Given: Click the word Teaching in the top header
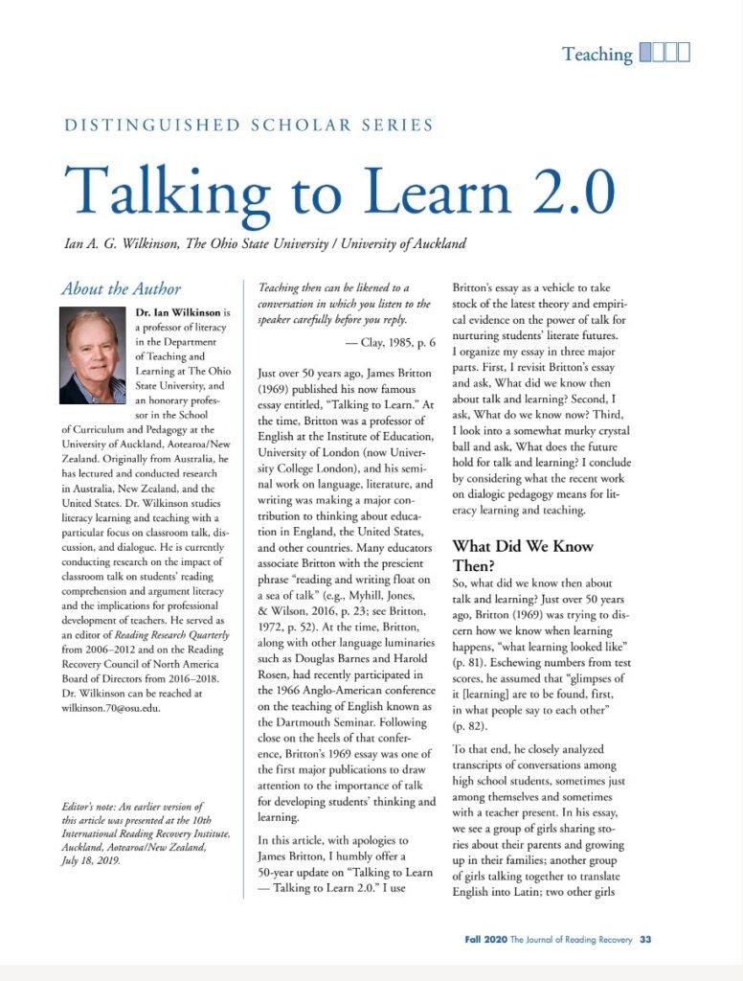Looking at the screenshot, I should (x=597, y=54).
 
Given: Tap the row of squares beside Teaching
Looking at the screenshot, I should (x=664, y=53).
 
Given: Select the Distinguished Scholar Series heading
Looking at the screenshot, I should (x=248, y=125).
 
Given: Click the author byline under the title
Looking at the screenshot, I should (x=263, y=243).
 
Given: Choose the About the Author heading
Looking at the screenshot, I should (x=121, y=288).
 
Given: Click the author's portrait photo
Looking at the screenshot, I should (x=93, y=355).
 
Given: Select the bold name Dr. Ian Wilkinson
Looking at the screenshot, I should (x=178, y=312).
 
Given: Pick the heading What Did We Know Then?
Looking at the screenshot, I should (x=523, y=556).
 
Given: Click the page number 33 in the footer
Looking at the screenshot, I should (x=645, y=939).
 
